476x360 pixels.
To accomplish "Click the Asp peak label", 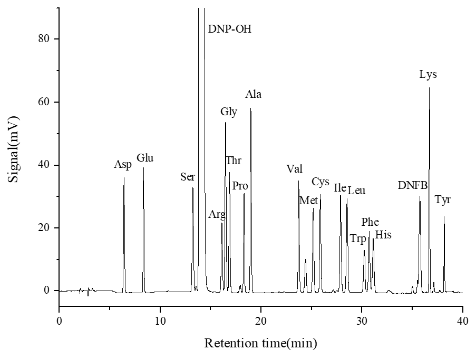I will click(123, 165).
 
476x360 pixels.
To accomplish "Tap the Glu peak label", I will click(145, 158).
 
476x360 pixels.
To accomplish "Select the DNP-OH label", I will click(229, 28).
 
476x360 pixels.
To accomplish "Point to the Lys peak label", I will click(428, 75).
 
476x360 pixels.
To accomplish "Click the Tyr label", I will click(443, 200).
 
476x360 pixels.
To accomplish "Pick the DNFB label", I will click(413, 185).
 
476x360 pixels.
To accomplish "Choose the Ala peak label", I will click(254, 95).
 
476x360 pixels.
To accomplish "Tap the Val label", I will click(294, 169).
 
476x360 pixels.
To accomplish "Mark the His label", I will click(383, 235).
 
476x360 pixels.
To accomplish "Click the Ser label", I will click(188, 177).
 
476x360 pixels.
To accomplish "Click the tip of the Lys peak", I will click(429, 87).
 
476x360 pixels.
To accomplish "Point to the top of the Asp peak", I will click(124, 177).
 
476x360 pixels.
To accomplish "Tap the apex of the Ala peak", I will click(250, 108).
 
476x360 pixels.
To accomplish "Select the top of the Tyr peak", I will click(444, 216).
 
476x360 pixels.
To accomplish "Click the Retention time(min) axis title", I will click(260, 344).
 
